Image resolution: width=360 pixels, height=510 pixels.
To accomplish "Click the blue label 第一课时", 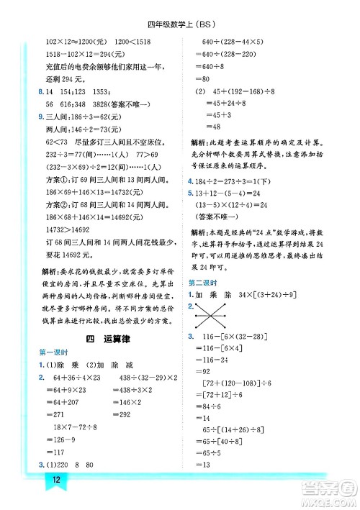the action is tap(53, 351).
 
